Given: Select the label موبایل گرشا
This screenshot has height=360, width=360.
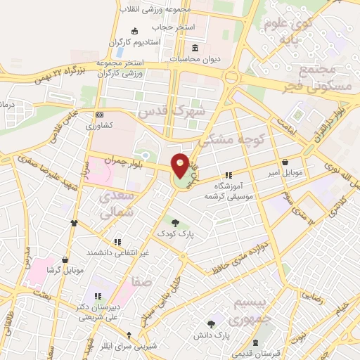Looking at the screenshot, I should tap(66, 270).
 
